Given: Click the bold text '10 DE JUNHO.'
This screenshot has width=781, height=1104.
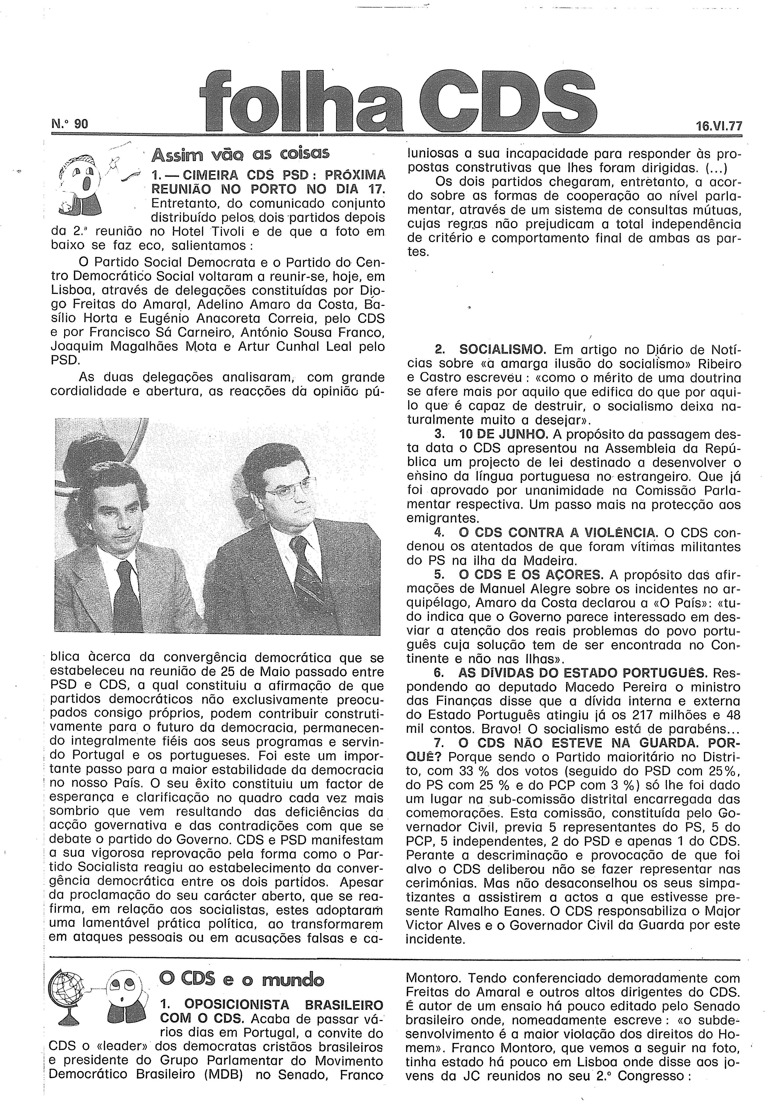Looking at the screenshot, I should (x=503, y=434).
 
